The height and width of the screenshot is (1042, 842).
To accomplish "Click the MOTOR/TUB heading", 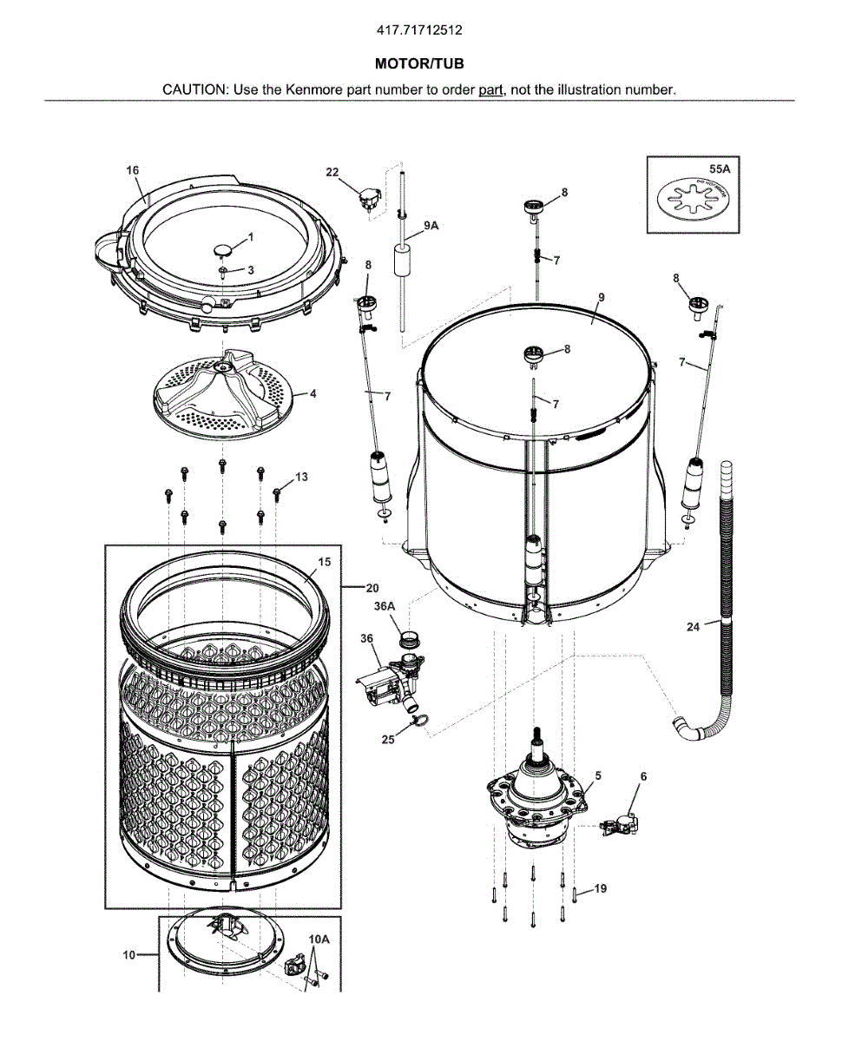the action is pos(419,64).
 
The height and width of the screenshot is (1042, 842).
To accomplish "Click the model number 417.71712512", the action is pos(419,30).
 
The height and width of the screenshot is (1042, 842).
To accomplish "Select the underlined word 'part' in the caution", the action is pos(491,89).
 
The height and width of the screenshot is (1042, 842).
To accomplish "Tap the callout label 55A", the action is pos(720,170).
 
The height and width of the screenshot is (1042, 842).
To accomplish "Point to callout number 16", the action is pos(133,170).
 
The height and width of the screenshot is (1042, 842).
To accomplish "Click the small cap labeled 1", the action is pos(222,250).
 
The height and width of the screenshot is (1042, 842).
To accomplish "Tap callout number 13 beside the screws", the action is pos(301,477).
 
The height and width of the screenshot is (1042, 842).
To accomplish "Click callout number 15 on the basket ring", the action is pos(324,562).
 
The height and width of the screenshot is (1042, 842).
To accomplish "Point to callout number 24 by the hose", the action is pos(693,627).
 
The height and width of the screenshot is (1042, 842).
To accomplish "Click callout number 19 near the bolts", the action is pos(600,888).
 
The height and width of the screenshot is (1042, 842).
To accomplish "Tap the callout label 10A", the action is pos(319,939).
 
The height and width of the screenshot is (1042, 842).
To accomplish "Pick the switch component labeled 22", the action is pos(369,199).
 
